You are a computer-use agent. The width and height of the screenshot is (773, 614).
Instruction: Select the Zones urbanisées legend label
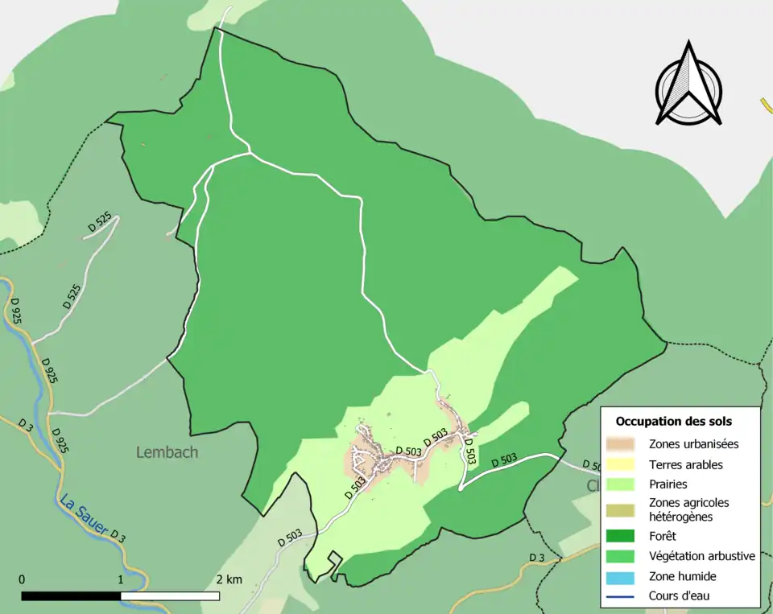pyautogui.click(x=693, y=443)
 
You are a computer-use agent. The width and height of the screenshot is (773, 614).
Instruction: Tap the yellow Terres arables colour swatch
pyautogui.click(x=622, y=464)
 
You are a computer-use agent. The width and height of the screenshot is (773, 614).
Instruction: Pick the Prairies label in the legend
pyautogui.click(x=668, y=484)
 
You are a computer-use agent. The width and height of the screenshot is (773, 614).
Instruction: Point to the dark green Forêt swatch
pyautogui.click(x=622, y=535)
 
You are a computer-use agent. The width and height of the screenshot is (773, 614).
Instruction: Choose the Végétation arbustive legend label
pyautogui.click(x=701, y=555)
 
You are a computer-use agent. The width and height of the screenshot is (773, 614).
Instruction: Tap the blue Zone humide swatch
pyautogui.click(x=622, y=576)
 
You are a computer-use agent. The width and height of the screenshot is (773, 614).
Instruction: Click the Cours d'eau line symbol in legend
pyautogui.click(x=622, y=596)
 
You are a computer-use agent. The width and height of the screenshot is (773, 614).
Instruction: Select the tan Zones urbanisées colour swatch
pyautogui.click(x=622, y=443)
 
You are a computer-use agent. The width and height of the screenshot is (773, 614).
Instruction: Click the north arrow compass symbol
pyautogui.click(x=688, y=84)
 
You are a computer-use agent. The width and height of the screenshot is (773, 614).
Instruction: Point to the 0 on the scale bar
pyautogui.click(x=22, y=579)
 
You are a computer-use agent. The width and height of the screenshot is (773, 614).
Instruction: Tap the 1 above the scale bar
pyautogui.click(x=121, y=579)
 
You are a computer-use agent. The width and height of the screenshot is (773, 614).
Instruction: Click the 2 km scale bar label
pyautogui.click(x=229, y=579)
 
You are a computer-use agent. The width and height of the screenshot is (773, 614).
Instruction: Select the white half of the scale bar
pyautogui.click(x=170, y=596)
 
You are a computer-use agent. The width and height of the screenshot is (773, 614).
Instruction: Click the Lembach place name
pyautogui.click(x=167, y=452)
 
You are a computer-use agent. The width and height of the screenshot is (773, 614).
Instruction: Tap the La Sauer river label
pyautogui.click(x=83, y=515)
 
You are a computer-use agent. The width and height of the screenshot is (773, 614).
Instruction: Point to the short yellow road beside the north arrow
pyautogui.click(x=766, y=108)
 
